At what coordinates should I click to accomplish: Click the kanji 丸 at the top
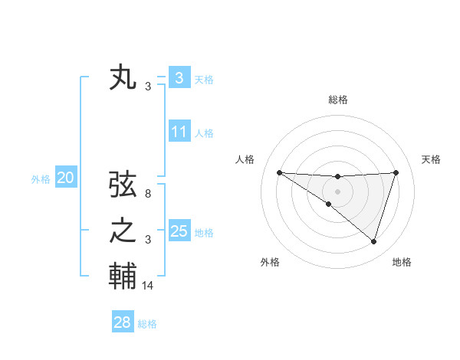[123, 79]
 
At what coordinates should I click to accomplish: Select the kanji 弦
[123, 185]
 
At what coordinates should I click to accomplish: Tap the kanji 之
[123, 231]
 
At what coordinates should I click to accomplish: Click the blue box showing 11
[179, 133]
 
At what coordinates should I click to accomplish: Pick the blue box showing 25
[179, 231]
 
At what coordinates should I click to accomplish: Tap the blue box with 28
[122, 322]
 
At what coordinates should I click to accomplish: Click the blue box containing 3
[179, 77]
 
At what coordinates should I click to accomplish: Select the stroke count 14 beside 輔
[148, 286]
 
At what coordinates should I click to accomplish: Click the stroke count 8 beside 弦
[148, 195]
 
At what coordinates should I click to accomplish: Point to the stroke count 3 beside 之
[148, 240]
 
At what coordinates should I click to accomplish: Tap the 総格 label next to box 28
[148, 324]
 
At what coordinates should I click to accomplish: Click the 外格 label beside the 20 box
[41, 179]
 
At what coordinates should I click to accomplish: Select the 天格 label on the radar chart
[431, 159]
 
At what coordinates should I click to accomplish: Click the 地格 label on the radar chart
[402, 262]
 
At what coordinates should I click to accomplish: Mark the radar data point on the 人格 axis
[279, 172]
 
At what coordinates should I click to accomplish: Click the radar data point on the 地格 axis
[373, 241]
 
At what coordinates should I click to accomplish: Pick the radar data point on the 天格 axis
[396, 172]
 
